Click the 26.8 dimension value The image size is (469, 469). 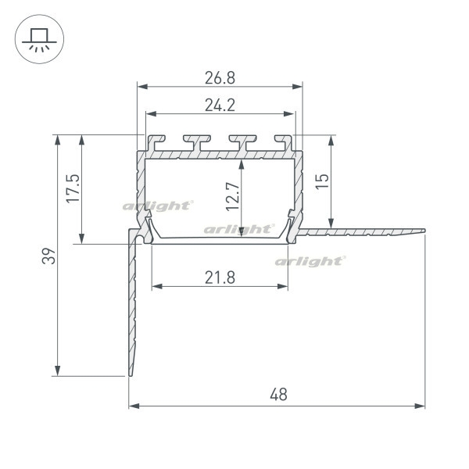pos(220,78)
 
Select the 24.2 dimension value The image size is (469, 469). pos(220,106)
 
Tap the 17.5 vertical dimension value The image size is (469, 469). pos(73,188)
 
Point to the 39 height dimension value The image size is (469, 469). pos(48,256)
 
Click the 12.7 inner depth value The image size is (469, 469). pos(233,196)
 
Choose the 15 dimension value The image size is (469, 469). pos(322,181)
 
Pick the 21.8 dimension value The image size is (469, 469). pos(220,277)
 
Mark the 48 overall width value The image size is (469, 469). pos(278,395)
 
